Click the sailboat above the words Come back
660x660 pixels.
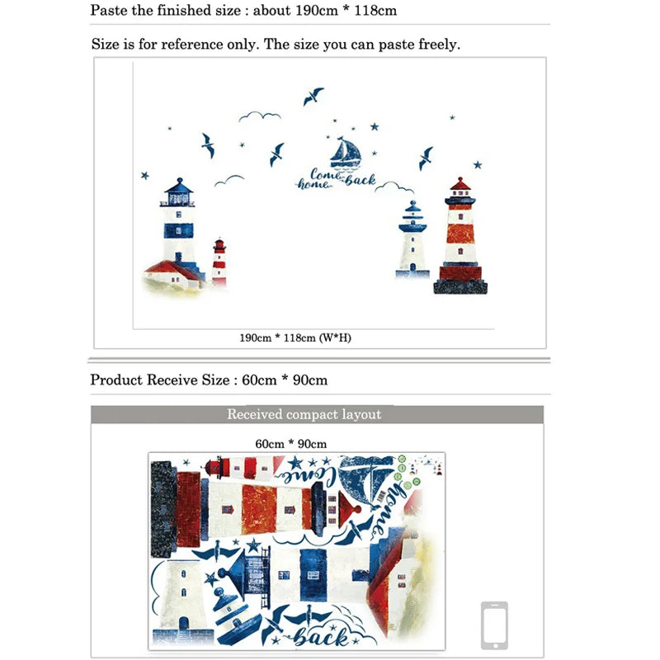(346, 153)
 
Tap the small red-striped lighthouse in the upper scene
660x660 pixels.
(219, 262)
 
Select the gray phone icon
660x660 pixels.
(494, 625)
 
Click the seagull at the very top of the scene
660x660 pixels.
(313, 96)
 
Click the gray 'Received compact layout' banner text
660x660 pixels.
(304, 414)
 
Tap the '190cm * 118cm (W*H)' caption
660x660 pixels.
(295, 337)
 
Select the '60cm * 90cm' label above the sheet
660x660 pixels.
(291, 444)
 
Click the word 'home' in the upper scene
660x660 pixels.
(313, 184)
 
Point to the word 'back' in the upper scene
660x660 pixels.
(361, 180)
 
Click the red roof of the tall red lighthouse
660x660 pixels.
(460, 183)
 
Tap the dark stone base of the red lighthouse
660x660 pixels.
(460, 287)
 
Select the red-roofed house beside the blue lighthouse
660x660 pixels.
(173, 274)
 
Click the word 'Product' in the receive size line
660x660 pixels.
(116, 379)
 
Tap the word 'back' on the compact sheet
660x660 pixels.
(321, 637)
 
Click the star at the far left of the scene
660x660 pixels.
(145, 175)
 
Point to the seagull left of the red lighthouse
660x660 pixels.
(426, 158)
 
